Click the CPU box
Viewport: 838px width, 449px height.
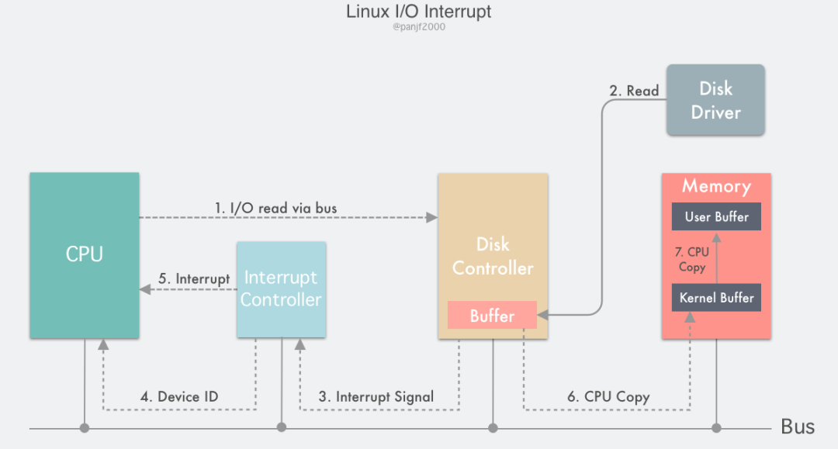pos(84,255)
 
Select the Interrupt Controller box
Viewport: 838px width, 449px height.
pos(281,288)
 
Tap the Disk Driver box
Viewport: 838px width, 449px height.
pos(715,100)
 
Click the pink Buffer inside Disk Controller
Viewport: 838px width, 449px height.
pos(492,316)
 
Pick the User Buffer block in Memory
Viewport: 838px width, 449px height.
pos(716,217)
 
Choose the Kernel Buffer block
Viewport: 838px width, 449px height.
pos(716,298)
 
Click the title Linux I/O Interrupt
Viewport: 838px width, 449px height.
pos(418,12)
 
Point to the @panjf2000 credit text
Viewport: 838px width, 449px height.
pos(418,27)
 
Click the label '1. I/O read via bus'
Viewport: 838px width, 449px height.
pos(276,208)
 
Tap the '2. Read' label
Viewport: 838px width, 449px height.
pos(634,91)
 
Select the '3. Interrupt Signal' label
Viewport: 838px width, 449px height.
pos(376,397)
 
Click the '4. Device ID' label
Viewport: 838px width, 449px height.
pos(179,397)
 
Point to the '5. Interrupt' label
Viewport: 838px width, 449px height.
pos(195,278)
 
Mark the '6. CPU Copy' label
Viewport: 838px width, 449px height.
pos(608,397)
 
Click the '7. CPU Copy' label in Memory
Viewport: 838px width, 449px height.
pos(692,259)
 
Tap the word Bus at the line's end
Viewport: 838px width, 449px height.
pos(798,427)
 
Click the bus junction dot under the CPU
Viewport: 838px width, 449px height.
pos(85,427)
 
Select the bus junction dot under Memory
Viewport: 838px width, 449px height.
pos(716,427)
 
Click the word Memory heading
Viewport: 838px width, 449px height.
pos(716,187)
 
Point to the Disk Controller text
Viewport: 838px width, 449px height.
pos(493,257)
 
